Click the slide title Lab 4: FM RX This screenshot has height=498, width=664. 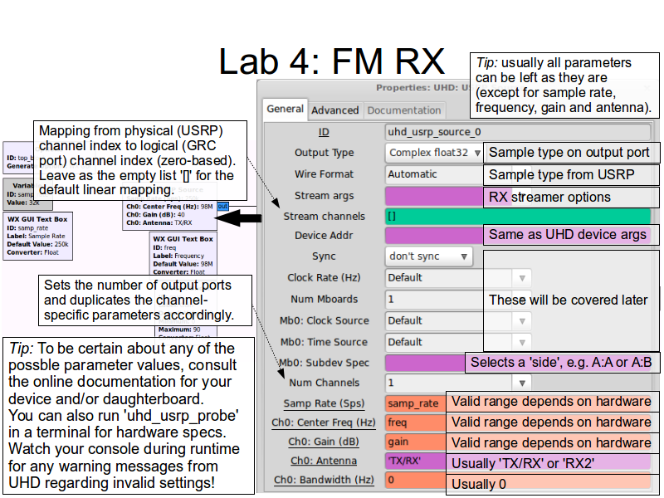(x=331, y=61)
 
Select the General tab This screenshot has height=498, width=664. (x=285, y=109)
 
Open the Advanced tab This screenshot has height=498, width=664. (x=334, y=110)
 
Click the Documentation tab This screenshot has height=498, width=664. (x=403, y=110)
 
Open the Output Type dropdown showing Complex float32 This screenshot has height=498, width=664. (x=434, y=153)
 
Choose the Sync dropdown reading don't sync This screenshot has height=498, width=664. (x=428, y=256)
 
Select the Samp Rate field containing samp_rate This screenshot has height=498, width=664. (x=413, y=403)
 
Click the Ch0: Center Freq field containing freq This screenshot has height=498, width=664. (x=413, y=422)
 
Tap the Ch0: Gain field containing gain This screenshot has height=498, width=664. (x=413, y=442)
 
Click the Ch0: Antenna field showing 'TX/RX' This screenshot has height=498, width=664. (x=413, y=461)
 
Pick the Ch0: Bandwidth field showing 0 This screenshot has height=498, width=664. (x=413, y=480)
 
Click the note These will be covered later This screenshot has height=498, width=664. (x=568, y=300)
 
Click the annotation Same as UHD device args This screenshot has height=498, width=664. (x=567, y=234)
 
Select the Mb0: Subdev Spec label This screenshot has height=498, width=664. (x=325, y=363)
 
